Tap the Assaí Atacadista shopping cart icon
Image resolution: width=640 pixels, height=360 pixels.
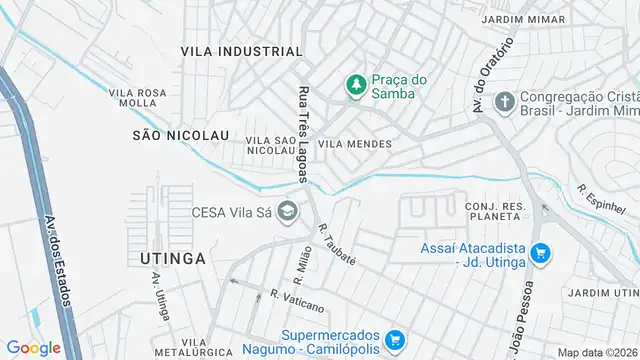541,253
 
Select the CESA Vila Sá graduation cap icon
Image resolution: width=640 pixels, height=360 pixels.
288,211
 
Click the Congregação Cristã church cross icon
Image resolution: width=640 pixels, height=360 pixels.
506,101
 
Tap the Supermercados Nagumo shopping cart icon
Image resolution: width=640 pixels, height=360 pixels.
395,341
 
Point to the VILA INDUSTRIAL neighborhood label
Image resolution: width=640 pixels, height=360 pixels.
241,51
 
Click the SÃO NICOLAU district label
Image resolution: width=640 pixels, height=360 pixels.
180,133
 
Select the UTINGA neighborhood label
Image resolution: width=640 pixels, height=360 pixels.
167,258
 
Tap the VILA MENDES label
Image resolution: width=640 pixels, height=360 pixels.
354,144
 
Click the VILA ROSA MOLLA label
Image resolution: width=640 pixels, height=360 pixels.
137,97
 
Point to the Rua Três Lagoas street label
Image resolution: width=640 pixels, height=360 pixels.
303,133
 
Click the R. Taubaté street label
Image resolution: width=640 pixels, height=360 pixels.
337,244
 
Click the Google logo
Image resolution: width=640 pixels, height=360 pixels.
33,347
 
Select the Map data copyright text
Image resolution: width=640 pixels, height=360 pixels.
597,352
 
